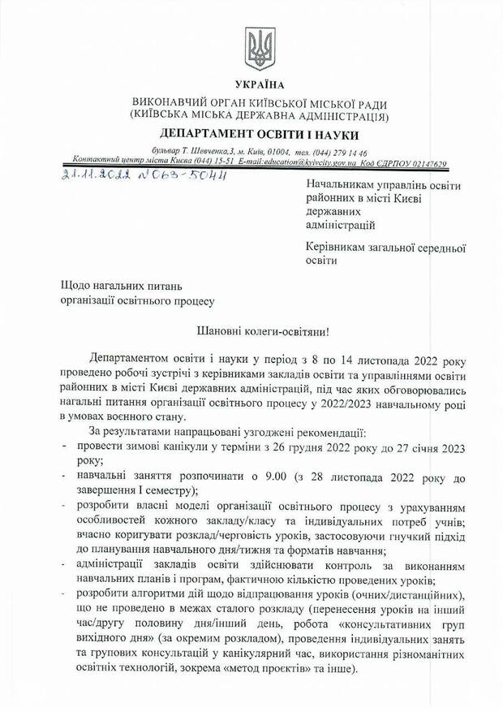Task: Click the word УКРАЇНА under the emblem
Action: tap(260, 84)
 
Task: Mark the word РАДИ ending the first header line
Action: tap(372, 105)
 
